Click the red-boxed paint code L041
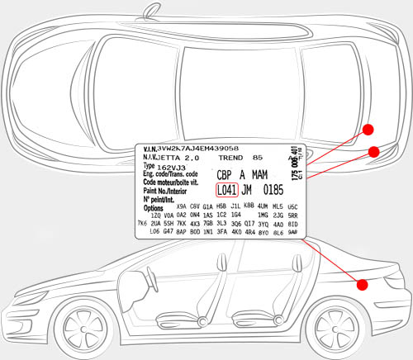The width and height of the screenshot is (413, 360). pyautogui.click(x=226, y=189)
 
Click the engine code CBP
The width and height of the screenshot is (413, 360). pyautogui.click(x=224, y=175)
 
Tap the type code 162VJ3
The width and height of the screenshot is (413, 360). pyautogui.click(x=173, y=167)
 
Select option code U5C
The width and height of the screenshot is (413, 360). pyautogui.click(x=292, y=206)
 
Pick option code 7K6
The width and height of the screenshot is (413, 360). pyautogui.click(x=141, y=223)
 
